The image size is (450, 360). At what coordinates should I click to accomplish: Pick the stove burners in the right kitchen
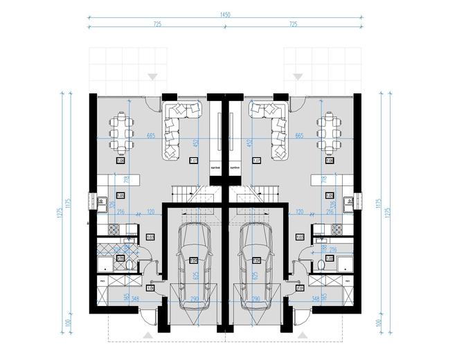(339, 229)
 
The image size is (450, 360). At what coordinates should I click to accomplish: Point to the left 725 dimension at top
(156, 24)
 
